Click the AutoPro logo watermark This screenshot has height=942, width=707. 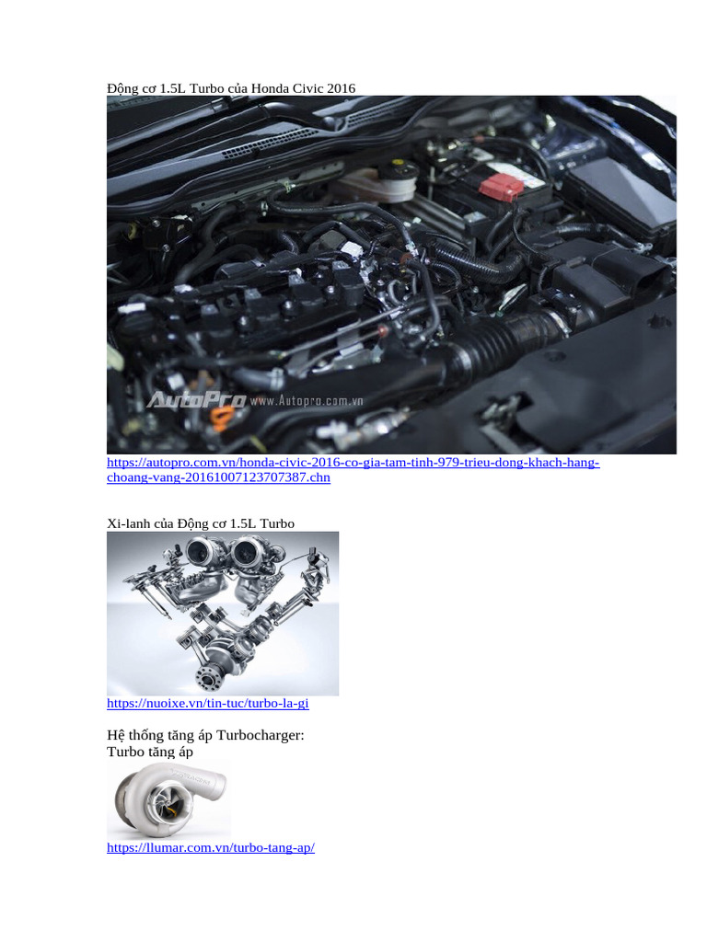pyautogui.click(x=195, y=401)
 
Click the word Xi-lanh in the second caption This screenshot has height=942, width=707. pyautogui.click(x=128, y=523)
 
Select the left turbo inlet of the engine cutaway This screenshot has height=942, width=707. pyautogui.click(x=201, y=553)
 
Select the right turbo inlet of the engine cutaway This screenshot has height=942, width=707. pyautogui.click(x=246, y=553)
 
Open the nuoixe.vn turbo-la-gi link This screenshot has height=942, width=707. pyautogui.click(x=207, y=704)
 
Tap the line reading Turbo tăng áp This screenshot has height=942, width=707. pyautogui.click(x=150, y=752)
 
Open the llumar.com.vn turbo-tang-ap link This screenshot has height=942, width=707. pyautogui.click(x=211, y=847)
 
